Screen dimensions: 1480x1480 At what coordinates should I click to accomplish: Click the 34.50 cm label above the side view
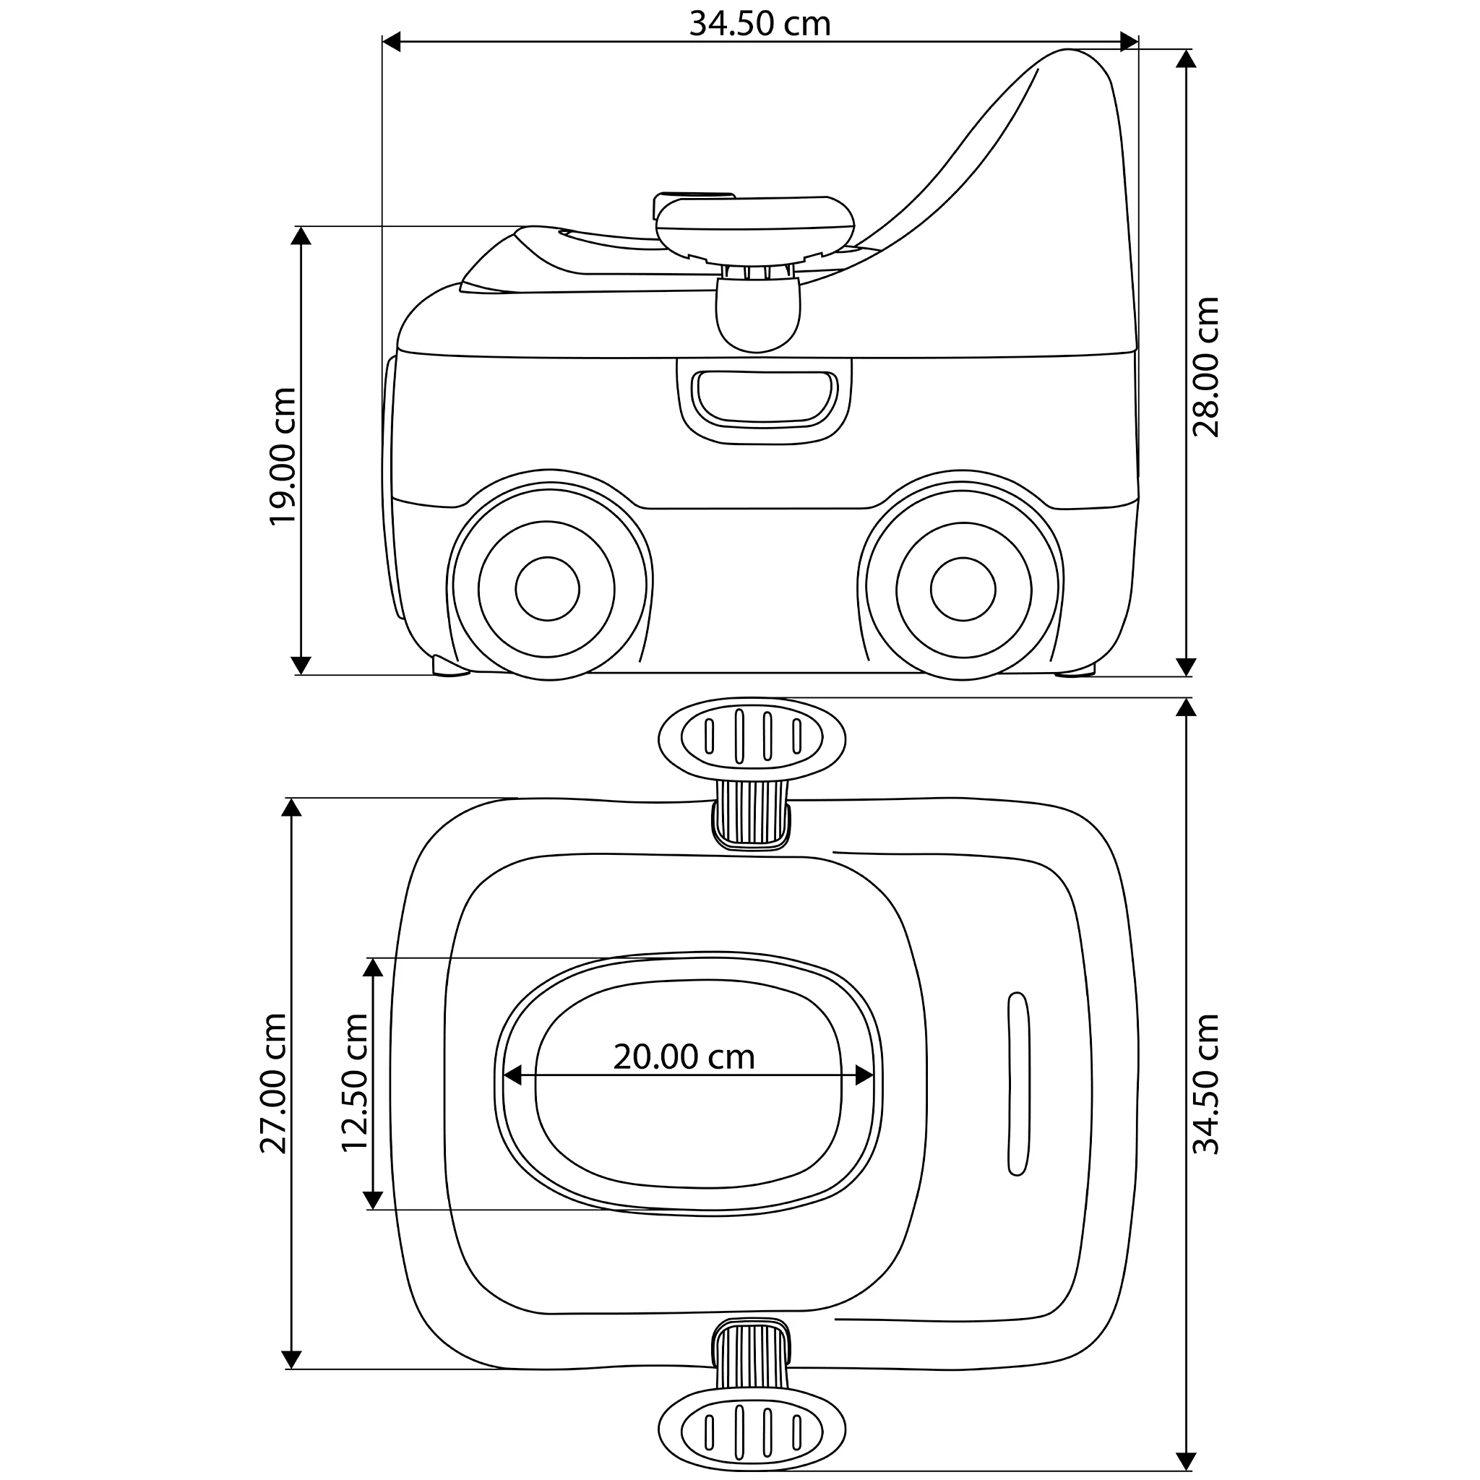coord(760,24)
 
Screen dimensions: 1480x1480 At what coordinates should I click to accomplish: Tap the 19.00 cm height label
coord(283,456)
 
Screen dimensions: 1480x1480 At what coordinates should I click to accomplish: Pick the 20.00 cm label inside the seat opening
coord(684,1057)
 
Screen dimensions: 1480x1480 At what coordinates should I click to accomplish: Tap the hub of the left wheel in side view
coord(547,588)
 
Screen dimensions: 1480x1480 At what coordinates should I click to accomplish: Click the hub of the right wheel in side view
coord(963,588)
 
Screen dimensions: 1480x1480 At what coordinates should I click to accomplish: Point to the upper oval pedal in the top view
coord(752,737)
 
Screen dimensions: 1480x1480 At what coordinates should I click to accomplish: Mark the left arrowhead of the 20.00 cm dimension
coord(512,1075)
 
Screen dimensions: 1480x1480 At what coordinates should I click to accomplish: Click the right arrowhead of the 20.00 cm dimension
coord(865,1075)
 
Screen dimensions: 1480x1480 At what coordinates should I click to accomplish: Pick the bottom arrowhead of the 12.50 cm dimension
coord(373,1200)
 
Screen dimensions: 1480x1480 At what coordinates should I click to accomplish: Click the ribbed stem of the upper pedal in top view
coord(752,814)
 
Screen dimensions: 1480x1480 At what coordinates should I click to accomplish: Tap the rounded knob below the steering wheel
coord(757,316)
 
